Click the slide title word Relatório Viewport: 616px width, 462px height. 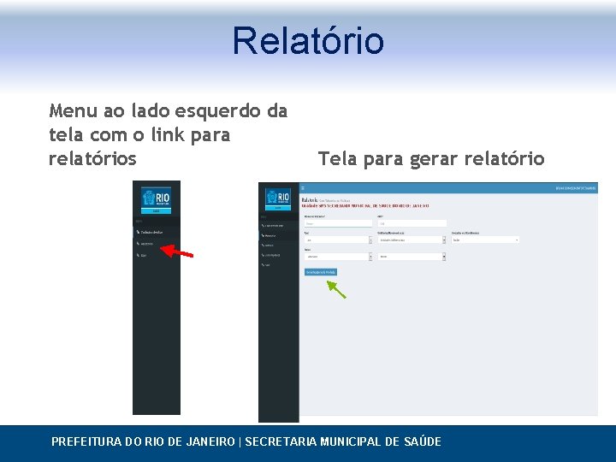point(308,40)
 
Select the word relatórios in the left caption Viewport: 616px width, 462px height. point(93,158)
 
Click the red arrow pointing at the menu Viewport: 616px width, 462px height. point(178,252)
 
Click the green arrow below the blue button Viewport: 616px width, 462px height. point(335,288)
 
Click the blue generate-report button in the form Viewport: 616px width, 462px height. point(321,271)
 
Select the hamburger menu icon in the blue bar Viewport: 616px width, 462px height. point(303,187)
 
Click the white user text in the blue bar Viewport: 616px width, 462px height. point(576,187)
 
